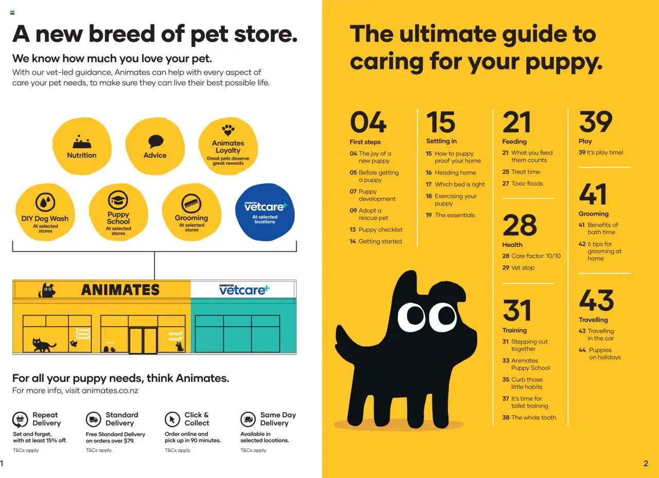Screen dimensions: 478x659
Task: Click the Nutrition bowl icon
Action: (81, 141)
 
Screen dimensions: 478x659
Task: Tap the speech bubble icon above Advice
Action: (155, 141)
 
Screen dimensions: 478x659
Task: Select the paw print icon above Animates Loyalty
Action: (228, 130)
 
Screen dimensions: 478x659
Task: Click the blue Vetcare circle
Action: (265, 212)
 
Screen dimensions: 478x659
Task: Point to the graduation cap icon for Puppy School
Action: (118, 200)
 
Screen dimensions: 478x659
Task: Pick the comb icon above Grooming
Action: (192, 204)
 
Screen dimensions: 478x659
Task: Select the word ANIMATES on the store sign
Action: (120, 290)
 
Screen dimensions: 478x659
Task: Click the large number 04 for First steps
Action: (368, 123)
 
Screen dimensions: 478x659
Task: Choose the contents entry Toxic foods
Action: (527, 183)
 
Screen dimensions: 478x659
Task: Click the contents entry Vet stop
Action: (523, 268)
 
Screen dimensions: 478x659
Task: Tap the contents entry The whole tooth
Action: (533, 417)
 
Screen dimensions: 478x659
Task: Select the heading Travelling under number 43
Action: (593, 320)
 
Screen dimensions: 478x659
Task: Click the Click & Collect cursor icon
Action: (172, 419)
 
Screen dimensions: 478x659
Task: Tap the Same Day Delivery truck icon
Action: (248, 419)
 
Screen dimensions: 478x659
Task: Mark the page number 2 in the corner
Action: (646, 463)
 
